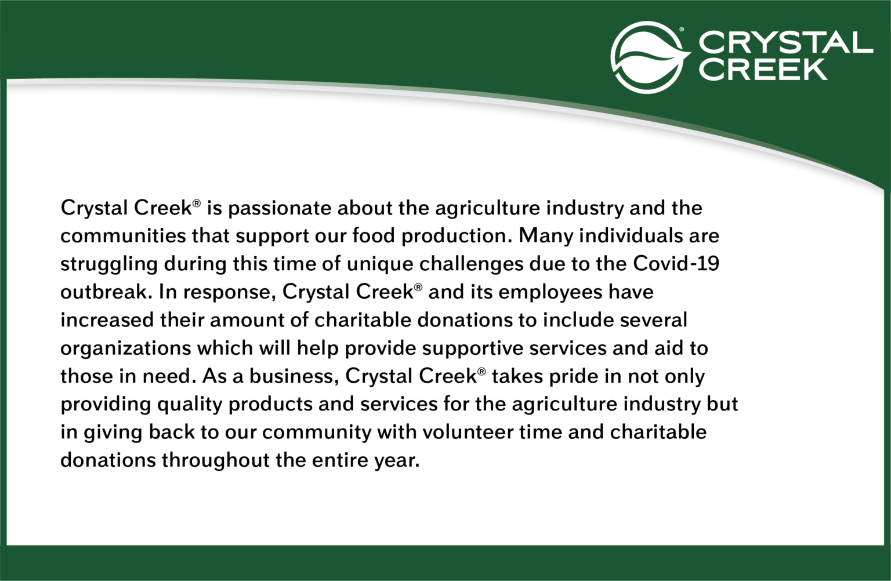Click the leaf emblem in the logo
tap(649, 57)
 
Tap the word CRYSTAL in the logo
tap(785, 42)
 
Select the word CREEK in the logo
tap(763, 68)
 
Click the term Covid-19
tap(676, 264)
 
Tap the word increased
tap(107, 320)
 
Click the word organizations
tap(125, 348)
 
